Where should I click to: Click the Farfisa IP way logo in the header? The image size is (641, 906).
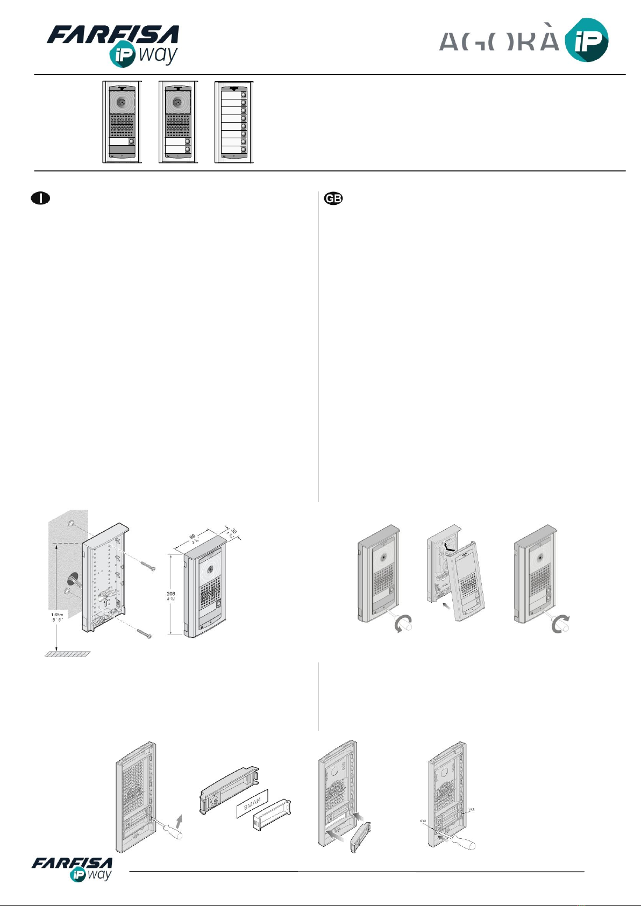pyautogui.click(x=113, y=44)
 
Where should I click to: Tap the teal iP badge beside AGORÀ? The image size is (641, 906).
pyautogui.click(x=586, y=40)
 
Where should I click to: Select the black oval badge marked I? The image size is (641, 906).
pyautogui.click(x=40, y=198)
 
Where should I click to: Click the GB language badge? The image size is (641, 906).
pyautogui.click(x=333, y=198)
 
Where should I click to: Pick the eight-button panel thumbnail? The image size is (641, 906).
pyautogui.click(x=234, y=122)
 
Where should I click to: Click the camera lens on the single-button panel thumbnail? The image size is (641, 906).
pyautogui.click(x=122, y=102)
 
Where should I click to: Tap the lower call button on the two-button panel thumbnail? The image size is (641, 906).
pyautogui.click(x=188, y=149)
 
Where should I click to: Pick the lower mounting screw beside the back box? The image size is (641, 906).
pyautogui.click(x=144, y=633)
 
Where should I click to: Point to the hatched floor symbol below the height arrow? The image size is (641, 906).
pyautogui.click(x=67, y=654)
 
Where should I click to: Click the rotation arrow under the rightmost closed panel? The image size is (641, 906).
pyautogui.click(x=561, y=625)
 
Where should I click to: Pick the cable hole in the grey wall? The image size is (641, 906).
pyautogui.click(x=72, y=580)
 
